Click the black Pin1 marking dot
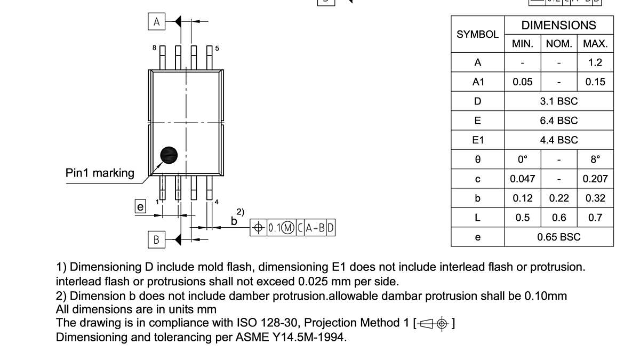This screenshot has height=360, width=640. (169, 155)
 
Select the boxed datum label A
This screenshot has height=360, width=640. (156, 22)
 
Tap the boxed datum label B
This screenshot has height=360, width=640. (156, 240)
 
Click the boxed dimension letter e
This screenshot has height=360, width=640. (140, 207)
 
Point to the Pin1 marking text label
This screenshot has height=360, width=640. (100, 173)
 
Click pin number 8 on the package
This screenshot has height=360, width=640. (155, 48)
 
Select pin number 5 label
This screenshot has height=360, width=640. (217, 49)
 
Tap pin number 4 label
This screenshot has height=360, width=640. (216, 202)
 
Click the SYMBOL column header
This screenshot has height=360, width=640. (477, 34)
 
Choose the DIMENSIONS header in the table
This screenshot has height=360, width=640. (558, 25)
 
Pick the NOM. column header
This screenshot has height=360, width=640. (558, 44)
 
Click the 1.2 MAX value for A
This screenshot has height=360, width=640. (595, 62)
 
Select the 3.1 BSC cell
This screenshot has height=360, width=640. (558, 101)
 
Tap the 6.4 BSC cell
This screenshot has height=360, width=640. (558, 121)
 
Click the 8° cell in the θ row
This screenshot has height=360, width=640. (595, 159)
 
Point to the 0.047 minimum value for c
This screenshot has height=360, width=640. (522, 179)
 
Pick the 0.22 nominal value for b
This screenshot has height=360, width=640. (558, 198)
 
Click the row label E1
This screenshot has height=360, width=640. (477, 140)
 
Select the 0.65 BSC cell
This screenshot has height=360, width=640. (558, 237)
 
